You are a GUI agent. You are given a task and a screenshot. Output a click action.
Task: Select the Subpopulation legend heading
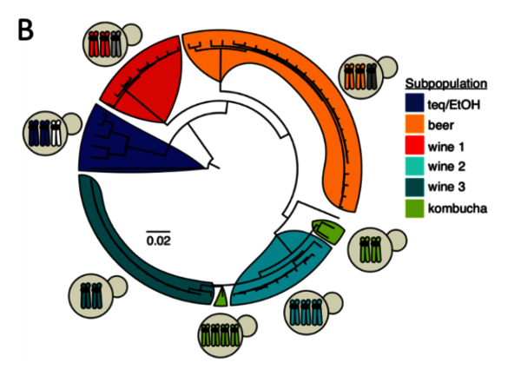tap(446, 84)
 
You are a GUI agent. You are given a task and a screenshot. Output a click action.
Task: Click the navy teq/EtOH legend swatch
tap(419, 105)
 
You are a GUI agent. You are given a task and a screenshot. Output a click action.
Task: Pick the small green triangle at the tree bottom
tap(221, 297)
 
